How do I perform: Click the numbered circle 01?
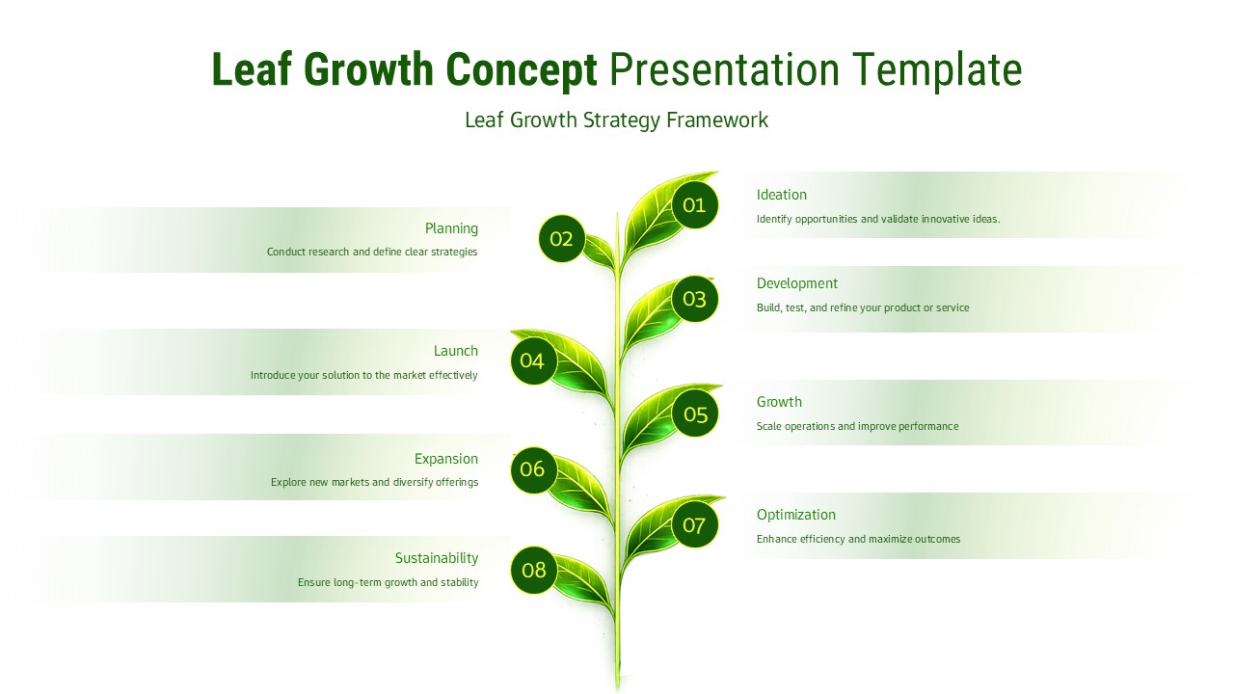coord(694,205)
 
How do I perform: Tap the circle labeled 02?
coord(561,239)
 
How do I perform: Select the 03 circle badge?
coord(694,299)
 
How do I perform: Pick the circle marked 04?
coord(533,361)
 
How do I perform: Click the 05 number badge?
coord(695,414)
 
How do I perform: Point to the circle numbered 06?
coord(533,469)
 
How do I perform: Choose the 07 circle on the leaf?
coord(694,525)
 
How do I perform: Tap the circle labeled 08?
coord(534,570)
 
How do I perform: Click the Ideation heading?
coord(781,195)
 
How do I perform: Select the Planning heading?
coord(451,228)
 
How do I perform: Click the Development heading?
coord(796,283)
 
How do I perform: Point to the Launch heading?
coord(455,351)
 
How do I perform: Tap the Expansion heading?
coord(445,459)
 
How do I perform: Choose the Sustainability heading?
coord(436,558)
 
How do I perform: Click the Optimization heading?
coord(795,515)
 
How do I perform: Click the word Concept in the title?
coord(521,70)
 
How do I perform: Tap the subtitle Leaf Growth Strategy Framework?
coord(616,120)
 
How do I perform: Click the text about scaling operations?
coord(857,426)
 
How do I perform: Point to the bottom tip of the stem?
coord(618,686)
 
